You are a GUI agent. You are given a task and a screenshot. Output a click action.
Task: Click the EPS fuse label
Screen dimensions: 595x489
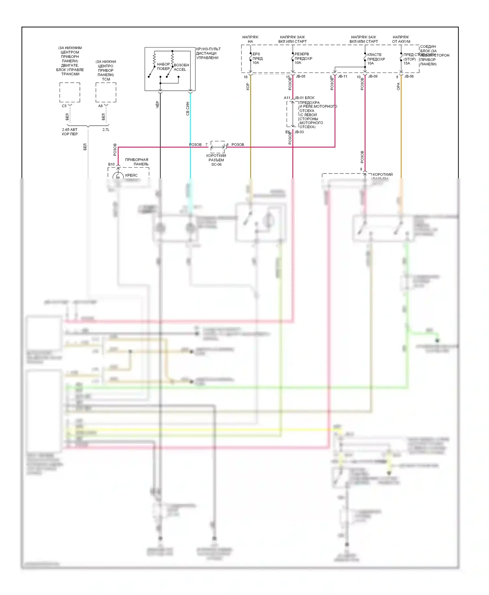(x=256, y=54)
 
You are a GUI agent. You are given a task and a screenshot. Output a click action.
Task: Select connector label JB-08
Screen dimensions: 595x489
(x=300, y=76)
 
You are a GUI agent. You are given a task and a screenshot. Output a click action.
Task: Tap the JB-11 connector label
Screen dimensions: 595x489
(x=342, y=76)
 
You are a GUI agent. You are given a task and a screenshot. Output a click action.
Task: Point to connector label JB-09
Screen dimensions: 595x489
(x=373, y=76)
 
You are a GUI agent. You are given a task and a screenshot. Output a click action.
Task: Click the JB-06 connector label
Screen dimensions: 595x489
(x=409, y=76)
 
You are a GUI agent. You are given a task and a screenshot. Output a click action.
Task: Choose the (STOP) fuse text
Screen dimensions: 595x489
(x=409, y=59)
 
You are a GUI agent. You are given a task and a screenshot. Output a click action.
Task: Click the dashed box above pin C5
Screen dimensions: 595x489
(x=70, y=92)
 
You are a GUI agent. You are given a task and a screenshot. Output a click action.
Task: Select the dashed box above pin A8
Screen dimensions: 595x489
(x=106, y=92)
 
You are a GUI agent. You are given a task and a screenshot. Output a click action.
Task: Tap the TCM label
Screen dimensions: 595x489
(x=106, y=79)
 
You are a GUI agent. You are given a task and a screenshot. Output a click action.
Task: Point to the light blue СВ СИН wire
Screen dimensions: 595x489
(x=190, y=137)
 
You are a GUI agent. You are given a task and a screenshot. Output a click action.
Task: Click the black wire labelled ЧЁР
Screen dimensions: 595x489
(x=160, y=137)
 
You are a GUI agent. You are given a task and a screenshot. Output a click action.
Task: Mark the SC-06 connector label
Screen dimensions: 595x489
(x=216, y=164)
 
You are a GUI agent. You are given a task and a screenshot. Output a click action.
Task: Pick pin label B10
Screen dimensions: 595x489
(x=111, y=164)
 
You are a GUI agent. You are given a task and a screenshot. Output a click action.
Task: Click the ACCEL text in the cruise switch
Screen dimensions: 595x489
(x=180, y=69)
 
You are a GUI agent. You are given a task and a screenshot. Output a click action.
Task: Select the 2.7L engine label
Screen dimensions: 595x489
(x=106, y=130)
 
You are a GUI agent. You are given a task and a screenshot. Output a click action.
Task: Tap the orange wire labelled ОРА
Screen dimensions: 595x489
(x=401, y=130)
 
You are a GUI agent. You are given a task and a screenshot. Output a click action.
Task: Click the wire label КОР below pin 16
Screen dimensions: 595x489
(x=248, y=86)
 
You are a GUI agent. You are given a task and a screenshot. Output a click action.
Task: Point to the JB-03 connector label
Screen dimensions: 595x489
(x=299, y=132)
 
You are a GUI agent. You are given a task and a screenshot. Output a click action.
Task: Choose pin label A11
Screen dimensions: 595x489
(x=287, y=98)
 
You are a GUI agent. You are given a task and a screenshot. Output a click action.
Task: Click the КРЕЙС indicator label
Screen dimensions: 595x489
(x=131, y=175)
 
